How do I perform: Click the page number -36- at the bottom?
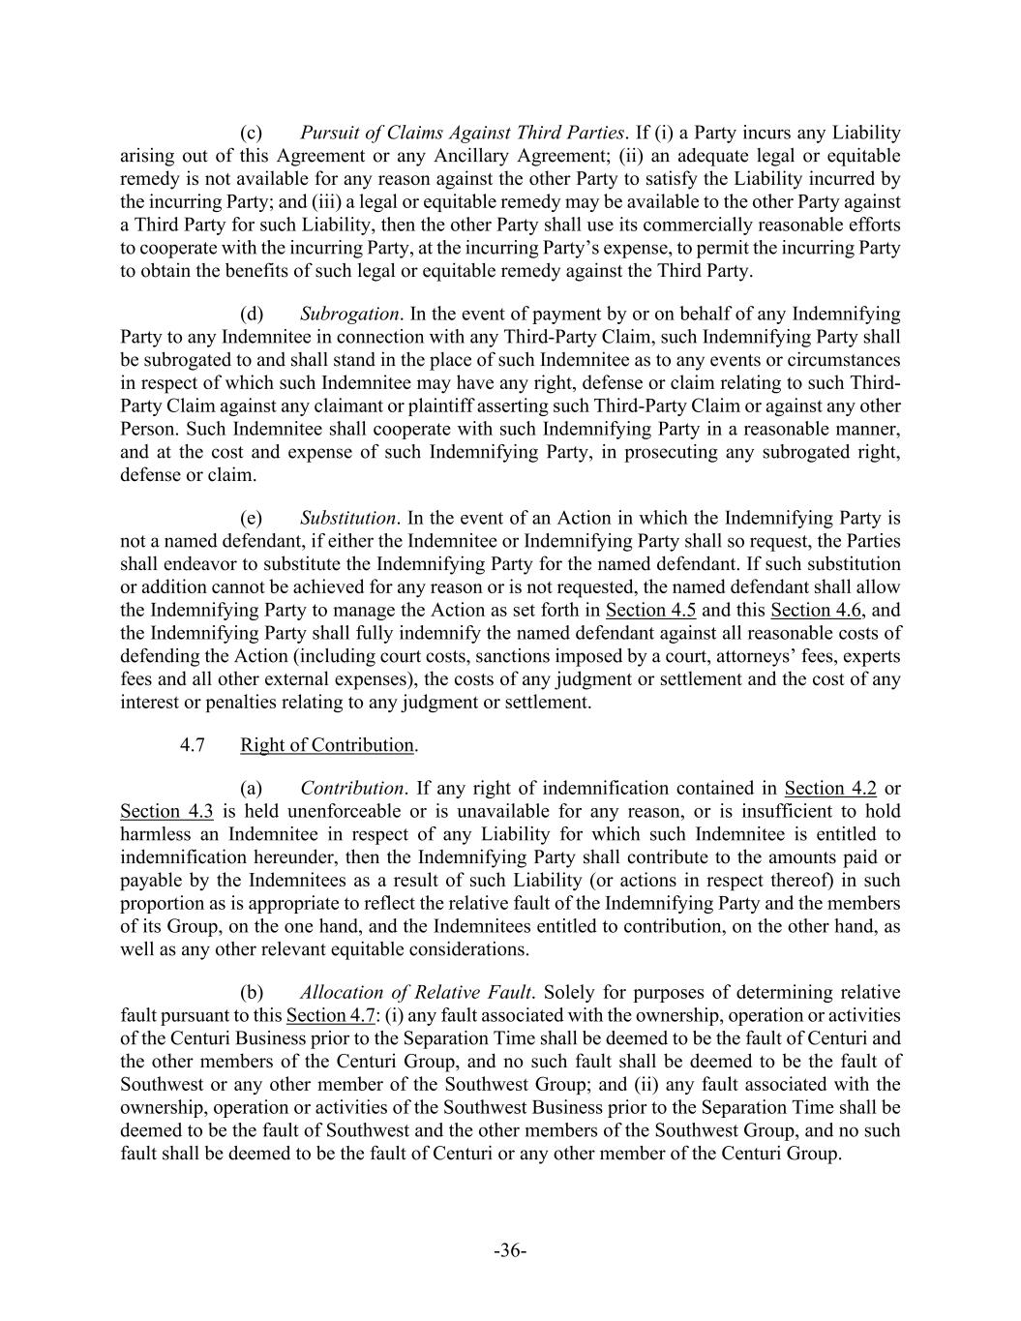click(x=510, y=1251)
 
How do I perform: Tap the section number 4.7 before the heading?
click(x=192, y=744)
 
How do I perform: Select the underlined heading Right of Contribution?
click(x=327, y=744)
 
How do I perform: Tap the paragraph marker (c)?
click(x=251, y=133)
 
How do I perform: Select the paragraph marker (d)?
click(x=251, y=314)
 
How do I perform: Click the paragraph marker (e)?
click(x=251, y=518)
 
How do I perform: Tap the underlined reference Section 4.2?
click(x=830, y=788)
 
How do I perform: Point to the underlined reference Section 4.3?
click(x=166, y=811)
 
